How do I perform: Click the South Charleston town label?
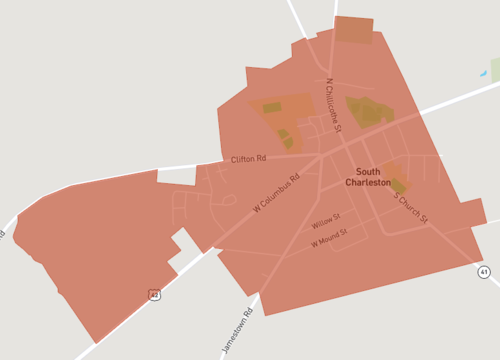368,177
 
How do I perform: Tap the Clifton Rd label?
248,159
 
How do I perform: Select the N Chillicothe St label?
334,106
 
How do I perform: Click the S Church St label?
410,206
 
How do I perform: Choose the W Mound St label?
328,237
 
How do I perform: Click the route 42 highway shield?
153,294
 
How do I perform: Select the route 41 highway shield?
484,271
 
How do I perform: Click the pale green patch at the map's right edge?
495,69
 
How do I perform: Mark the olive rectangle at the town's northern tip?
353,30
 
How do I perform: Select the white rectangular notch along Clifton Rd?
177,176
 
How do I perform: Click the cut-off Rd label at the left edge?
3,234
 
